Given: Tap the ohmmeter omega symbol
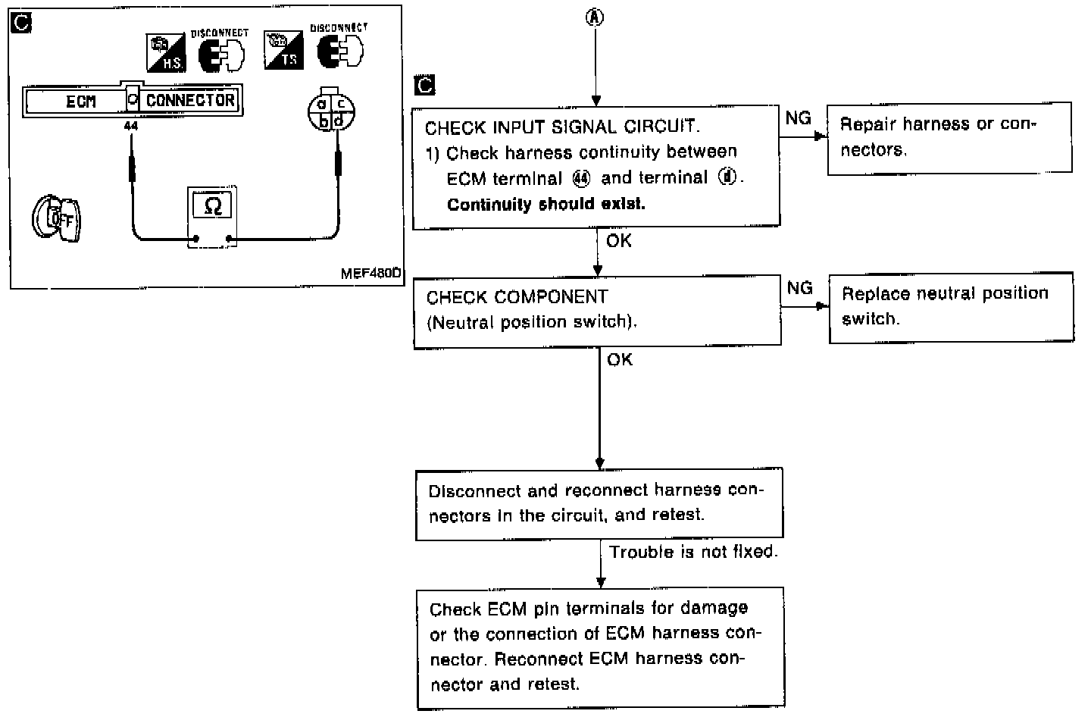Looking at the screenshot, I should coord(213,206).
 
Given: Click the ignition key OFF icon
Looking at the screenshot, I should coord(56,220).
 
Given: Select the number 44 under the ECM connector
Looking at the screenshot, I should coord(131,127).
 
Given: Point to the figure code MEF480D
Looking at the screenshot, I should coord(370,274).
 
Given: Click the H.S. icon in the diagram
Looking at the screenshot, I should coord(165,52).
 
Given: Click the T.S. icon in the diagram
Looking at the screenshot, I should coord(283,51).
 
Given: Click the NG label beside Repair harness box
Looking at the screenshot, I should coord(798,118).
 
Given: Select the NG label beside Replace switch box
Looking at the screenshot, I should coord(799,288).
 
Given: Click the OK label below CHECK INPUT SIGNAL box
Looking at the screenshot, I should coord(619,241).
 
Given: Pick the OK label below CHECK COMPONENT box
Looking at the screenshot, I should coord(620,360).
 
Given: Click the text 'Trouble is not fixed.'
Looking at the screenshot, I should coord(693,552).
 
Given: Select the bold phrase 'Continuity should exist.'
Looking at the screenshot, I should coord(545,205).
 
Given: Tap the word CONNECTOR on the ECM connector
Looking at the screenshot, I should coord(190,100).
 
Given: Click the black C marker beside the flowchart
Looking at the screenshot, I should coord(426,85).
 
